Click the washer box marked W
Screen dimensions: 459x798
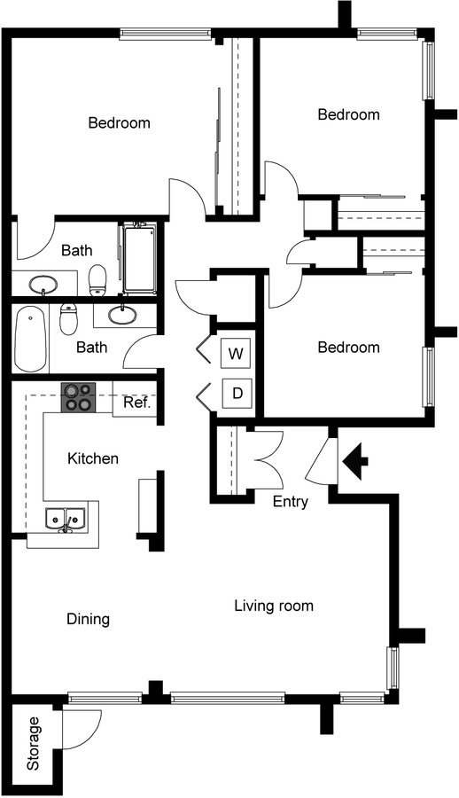pyautogui.click(x=236, y=353)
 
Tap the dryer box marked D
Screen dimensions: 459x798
pyautogui.click(x=237, y=394)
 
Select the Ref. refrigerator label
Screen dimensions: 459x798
pyautogui.click(x=137, y=403)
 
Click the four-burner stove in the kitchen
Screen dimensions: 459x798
pyautogui.click(x=79, y=397)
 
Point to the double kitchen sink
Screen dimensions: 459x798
pyautogui.click(x=65, y=519)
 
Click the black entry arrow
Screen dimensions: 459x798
pyautogui.click(x=355, y=462)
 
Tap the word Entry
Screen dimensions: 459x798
pyautogui.click(x=291, y=502)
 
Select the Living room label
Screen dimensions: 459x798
pyautogui.click(x=274, y=606)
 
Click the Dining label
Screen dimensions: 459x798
pyautogui.click(x=89, y=620)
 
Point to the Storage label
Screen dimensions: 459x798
pyautogui.click(x=33, y=744)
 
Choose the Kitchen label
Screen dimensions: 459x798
pyautogui.click(x=93, y=458)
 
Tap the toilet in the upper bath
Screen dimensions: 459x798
pyautogui.click(x=97, y=280)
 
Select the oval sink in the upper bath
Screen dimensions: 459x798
pyautogui.click(x=43, y=284)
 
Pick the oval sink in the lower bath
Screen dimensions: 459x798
pyautogui.click(x=122, y=315)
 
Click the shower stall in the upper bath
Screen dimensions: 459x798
pyautogui.click(x=139, y=258)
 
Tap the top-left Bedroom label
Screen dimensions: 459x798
pyautogui.click(x=119, y=122)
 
